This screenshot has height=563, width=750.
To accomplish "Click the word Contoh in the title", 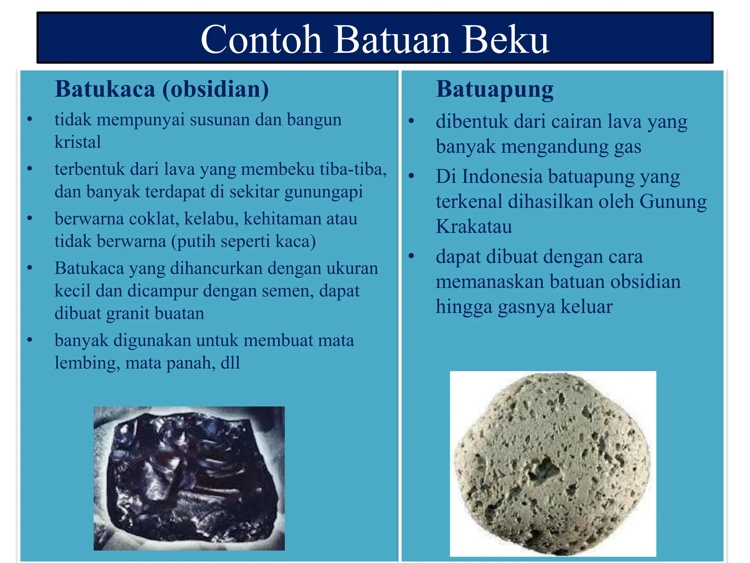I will tap(261, 40).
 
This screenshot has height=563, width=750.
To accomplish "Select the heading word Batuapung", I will tap(495, 89).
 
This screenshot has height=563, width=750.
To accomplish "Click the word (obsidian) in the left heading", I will tap(215, 89).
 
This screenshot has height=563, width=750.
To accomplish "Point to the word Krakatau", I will tap(474, 226).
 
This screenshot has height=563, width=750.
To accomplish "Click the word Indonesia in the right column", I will tap(502, 176).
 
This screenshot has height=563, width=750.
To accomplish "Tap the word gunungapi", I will tap(324, 192).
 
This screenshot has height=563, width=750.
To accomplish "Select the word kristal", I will tap(78, 142).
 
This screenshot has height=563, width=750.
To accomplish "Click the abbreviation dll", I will tap(230, 363).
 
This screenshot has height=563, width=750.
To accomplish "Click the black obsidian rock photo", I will tap(189, 478).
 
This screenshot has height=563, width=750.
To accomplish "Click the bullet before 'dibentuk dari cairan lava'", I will tap(411, 121).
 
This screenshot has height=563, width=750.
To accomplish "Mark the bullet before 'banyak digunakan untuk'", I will tap(30, 340).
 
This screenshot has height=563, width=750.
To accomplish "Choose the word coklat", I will tap(154, 219).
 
